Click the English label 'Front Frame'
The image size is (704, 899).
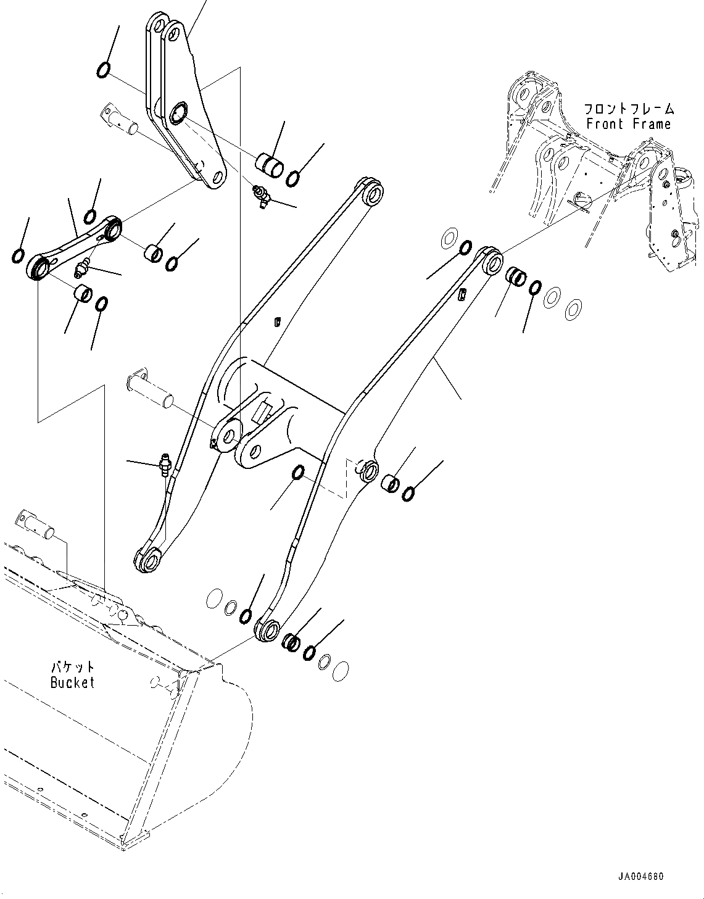point(628,124)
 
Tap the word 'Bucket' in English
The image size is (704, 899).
point(72,682)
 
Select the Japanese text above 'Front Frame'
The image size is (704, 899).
point(629,109)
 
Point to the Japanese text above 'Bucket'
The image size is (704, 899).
point(72,667)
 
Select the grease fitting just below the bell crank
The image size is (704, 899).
point(261,197)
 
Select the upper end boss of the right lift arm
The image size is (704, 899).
point(491,262)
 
